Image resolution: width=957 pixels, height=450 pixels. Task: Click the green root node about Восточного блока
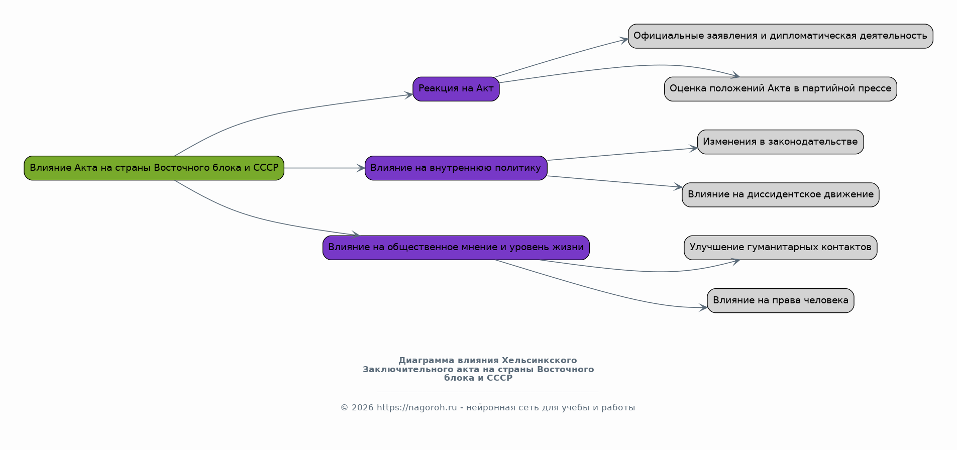(x=154, y=168)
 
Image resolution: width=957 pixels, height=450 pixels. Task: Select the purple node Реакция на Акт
(x=456, y=89)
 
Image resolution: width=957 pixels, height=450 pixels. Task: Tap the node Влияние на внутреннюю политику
(x=456, y=168)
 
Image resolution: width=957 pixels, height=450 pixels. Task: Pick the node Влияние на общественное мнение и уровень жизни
(x=456, y=248)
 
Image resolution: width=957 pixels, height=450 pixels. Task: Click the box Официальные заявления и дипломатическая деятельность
(x=781, y=36)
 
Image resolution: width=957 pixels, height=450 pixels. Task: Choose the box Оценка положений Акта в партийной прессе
(x=781, y=89)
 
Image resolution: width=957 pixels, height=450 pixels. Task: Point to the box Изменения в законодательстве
(x=781, y=142)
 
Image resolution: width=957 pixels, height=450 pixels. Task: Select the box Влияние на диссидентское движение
(x=781, y=194)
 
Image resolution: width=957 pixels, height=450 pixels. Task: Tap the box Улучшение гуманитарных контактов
(x=781, y=248)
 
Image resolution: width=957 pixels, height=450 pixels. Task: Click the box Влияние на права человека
(x=781, y=300)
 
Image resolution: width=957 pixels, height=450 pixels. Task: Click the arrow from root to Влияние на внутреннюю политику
(x=325, y=168)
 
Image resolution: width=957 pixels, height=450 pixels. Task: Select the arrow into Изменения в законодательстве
(x=622, y=154)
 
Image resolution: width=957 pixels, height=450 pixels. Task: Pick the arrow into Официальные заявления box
(x=562, y=57)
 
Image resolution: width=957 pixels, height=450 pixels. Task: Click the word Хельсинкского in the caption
(x=539, y=361)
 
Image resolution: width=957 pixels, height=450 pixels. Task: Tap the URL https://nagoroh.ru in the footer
(x=416, y=407)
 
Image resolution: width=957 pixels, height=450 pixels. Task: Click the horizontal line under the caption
(x=488, y=392)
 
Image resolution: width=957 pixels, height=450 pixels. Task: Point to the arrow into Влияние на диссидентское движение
(x=615, y=182)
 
